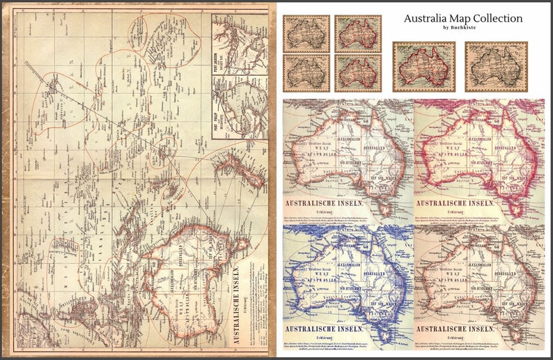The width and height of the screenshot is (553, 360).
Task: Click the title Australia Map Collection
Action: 462,18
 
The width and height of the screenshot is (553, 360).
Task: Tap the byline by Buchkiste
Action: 462,28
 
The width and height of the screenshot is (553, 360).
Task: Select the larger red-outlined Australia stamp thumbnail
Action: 423,67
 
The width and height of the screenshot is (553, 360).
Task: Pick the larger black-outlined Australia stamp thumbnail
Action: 496,67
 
